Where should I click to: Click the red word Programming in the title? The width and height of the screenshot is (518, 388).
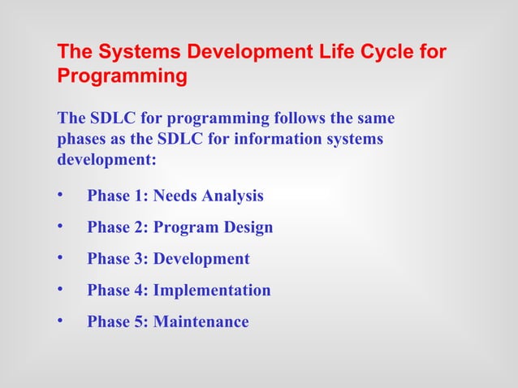pyautogui.click(x=122, y=77)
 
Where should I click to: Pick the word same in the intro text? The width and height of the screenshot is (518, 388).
pyautogui.click(x=374, y=119)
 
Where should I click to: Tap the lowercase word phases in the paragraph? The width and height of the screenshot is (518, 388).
pyautogui.click(x=82, y=139)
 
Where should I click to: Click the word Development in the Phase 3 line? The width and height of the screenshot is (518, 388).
pyautogui.click(x=201, y=259)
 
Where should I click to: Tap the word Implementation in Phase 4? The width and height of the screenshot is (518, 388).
pyautogui.click(x=212, y=291)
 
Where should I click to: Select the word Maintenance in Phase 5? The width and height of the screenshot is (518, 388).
pyautogui.click(x=201, y=322)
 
